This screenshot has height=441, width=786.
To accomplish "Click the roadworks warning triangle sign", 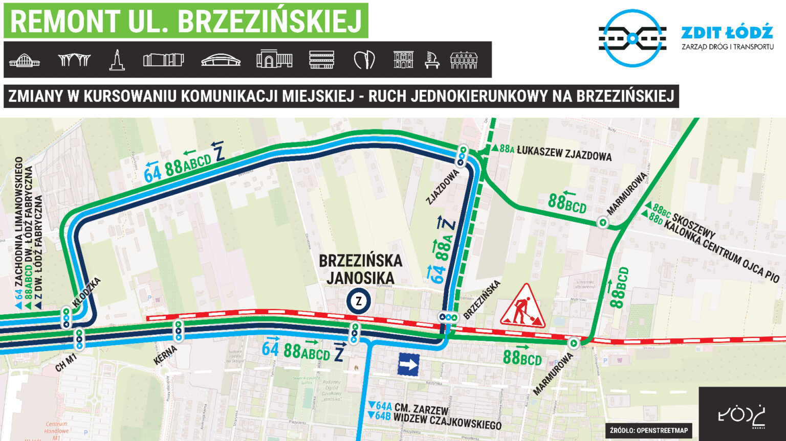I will pyautogui.click(x=522, y=307).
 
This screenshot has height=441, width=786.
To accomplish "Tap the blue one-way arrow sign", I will pyautogui.click(x=408, y=365).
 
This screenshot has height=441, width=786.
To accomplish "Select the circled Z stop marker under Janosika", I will pyautogui.click(x=359, y=301).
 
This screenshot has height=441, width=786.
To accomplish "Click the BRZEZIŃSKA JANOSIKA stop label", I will pyautogui.click(x=360, y=269).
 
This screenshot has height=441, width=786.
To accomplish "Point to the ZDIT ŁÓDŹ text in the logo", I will pyautogui.click(x=727, y=33).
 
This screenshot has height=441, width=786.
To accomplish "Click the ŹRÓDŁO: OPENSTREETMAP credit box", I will pyautogui.click(x=648, y=430).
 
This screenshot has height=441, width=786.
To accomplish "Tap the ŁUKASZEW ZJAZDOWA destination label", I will pyautogui.click(x=564, y=152).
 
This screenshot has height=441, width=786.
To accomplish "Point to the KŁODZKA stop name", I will pyautogui.click(x=87, y=292).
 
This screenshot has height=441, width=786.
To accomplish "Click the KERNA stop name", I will pyautogui.click(x=165, y=355).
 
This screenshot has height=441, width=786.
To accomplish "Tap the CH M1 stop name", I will pyautogui.click(x=65, y=361).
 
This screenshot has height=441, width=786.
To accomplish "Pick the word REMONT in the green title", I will pyautogui.click(x=64, y=21).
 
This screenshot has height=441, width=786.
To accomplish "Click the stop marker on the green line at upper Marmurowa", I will pyautogui.click(x=602, y=222).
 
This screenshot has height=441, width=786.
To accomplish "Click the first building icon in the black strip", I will pyautogui.click(x=24, y=60).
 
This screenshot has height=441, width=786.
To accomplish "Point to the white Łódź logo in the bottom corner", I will pyautogui.click(x=742, y=414).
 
